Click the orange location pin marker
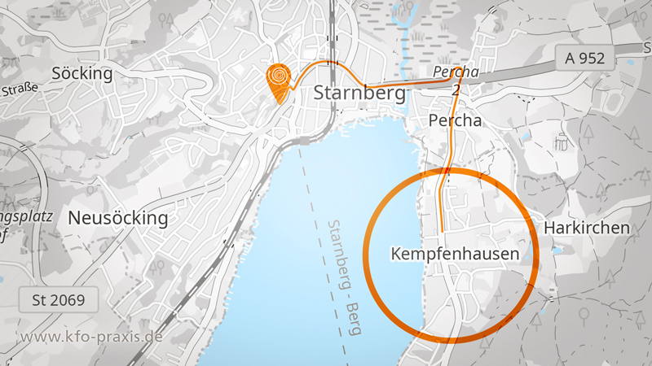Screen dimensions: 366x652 279,82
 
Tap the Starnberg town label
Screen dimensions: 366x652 359,94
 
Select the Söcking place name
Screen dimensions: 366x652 81,73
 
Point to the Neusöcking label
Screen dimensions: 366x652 118,218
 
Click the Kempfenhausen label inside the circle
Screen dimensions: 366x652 455,255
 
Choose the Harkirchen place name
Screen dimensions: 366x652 588,227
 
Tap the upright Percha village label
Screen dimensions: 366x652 455,120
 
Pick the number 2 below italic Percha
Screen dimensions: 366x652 455,90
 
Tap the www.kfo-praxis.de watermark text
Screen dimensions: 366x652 91,337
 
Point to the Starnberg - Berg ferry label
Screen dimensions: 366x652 343,260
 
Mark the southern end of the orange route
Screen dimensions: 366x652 441,232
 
